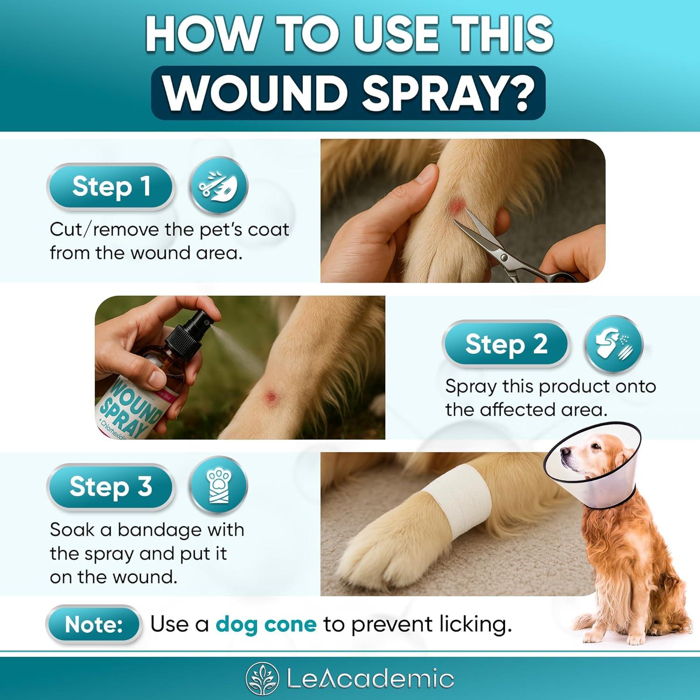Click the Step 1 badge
[x=111, y=187]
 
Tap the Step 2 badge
[x=505, y=344]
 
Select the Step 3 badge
[x=111, y=487]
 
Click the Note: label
[x=93, y=624]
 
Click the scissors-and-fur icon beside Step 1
[x=218, y=187]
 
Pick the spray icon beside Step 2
[x=613, y=344]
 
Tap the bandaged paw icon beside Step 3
[x=218, y=487]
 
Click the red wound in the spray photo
[x=270, y=397]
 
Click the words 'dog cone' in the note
[x=266, y=624]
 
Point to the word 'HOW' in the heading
[x=202, y=35]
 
